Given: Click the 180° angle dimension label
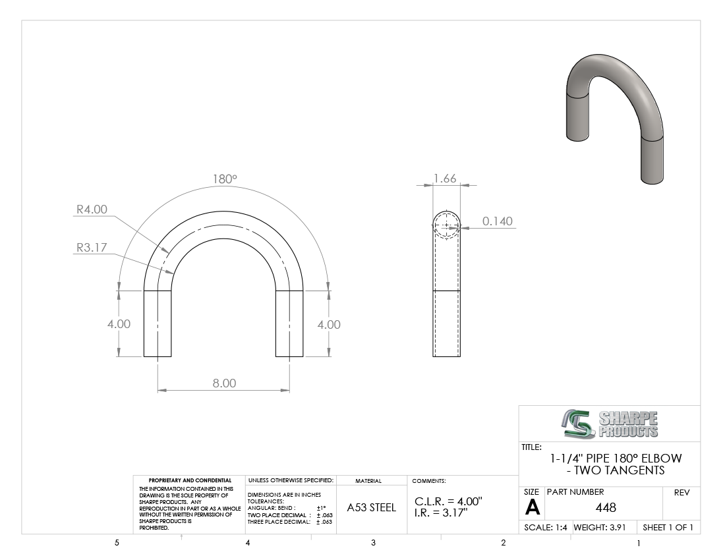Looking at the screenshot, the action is coord(225,179).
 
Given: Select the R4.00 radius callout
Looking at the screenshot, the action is coord(92,210).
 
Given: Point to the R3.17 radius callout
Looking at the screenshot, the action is coord(92,248).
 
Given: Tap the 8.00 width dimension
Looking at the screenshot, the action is coord(224,383).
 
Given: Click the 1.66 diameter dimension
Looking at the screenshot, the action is coord(445,179).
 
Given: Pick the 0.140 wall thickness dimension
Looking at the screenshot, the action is coord(498,221).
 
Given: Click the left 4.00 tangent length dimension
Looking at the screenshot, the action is coord(119,324).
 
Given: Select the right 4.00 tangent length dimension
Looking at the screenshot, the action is coord(329,325).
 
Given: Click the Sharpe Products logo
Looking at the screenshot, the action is coord(610,424).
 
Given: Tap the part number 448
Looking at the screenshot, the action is coord(606,508).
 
